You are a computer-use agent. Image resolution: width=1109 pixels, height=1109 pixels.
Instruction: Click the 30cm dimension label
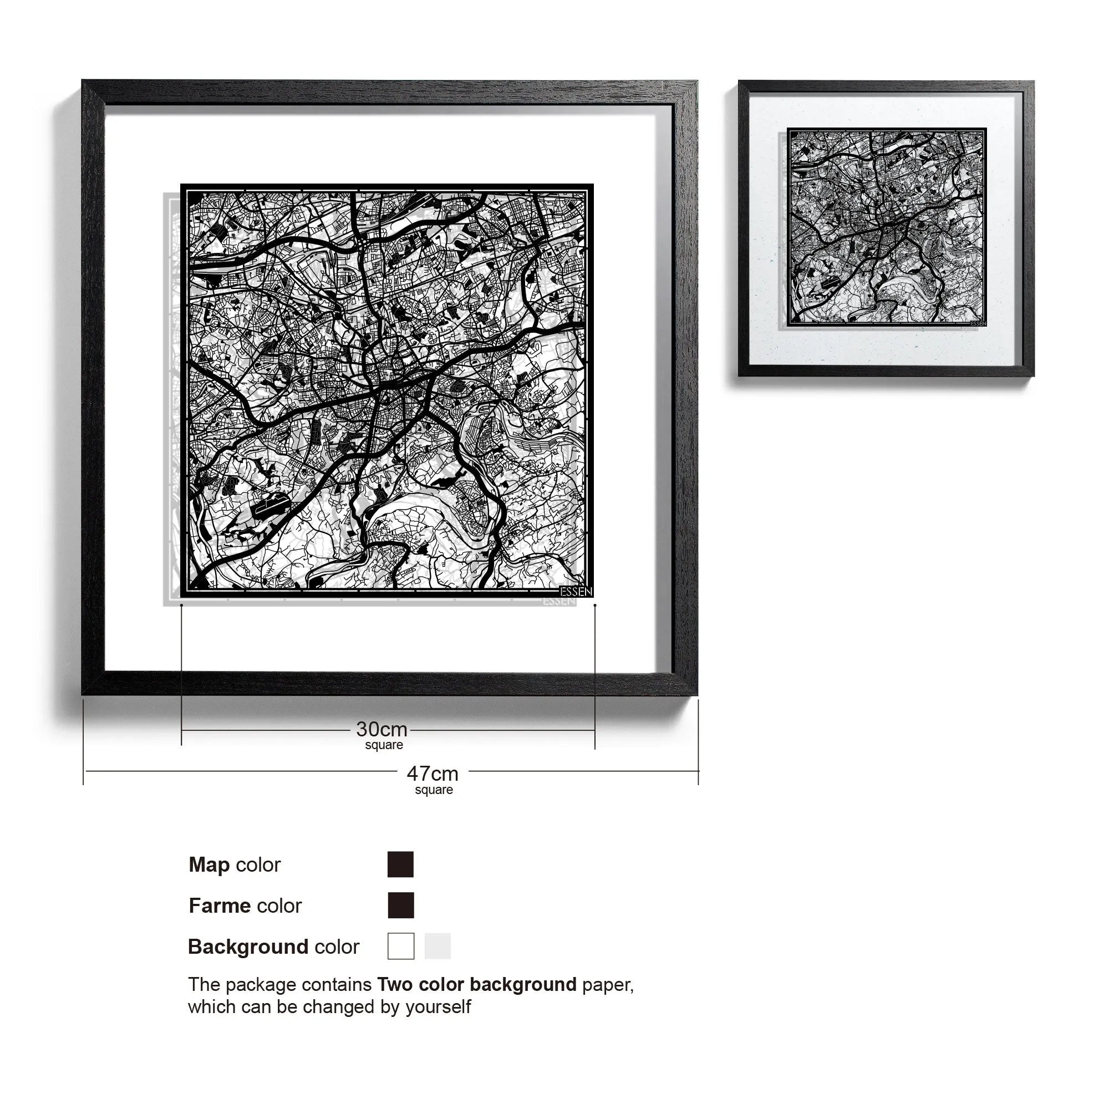[x=381, y=730]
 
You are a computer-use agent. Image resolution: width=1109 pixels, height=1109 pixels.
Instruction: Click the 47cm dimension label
[x=433, y=774]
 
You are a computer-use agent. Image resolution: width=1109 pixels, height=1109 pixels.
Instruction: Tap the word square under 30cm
[x=384, y=745]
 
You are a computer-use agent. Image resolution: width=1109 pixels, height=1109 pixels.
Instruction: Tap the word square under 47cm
[x=434, y=790]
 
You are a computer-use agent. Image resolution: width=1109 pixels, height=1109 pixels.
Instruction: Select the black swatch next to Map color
[x=400, y=864]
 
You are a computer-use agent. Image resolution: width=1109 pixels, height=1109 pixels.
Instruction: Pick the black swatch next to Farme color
[x=400, y=905]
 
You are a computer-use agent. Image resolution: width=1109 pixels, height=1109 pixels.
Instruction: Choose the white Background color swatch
[x=401, y=946]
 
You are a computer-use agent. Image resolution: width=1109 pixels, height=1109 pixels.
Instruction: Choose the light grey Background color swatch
[x=438, y=946]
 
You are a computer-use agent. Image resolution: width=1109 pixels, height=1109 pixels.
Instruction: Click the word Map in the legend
[x=209, y=864]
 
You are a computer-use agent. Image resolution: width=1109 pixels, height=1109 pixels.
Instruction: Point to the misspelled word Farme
[x=220, y=906]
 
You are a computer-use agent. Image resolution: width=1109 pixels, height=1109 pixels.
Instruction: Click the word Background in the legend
[x=248, y=947]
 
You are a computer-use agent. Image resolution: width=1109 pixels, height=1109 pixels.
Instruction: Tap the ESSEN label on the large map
[x=575, y=592]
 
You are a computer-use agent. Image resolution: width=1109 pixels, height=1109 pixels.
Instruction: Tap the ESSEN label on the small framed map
[x=978, y=323]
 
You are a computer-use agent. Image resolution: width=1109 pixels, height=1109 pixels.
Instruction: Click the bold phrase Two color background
[x=476, y=984]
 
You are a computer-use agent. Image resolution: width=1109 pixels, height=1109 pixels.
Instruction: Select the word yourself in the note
[x=438, y=1007]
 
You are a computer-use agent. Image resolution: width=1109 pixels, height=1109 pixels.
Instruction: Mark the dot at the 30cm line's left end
[x=181, y=605]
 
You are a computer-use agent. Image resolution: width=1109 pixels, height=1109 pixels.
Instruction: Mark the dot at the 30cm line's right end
[x=594, y=605]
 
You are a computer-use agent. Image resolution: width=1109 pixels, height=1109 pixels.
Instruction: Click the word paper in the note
[x=607, y=985]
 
